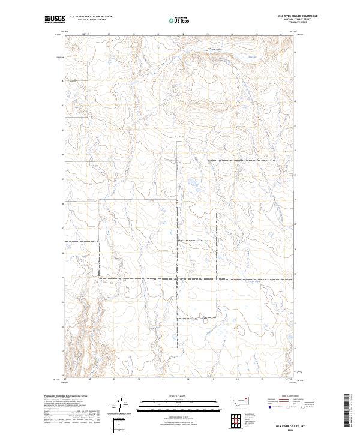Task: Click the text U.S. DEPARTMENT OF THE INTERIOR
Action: click(x=91, y=17)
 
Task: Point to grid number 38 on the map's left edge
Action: click(x=62, y=204)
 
